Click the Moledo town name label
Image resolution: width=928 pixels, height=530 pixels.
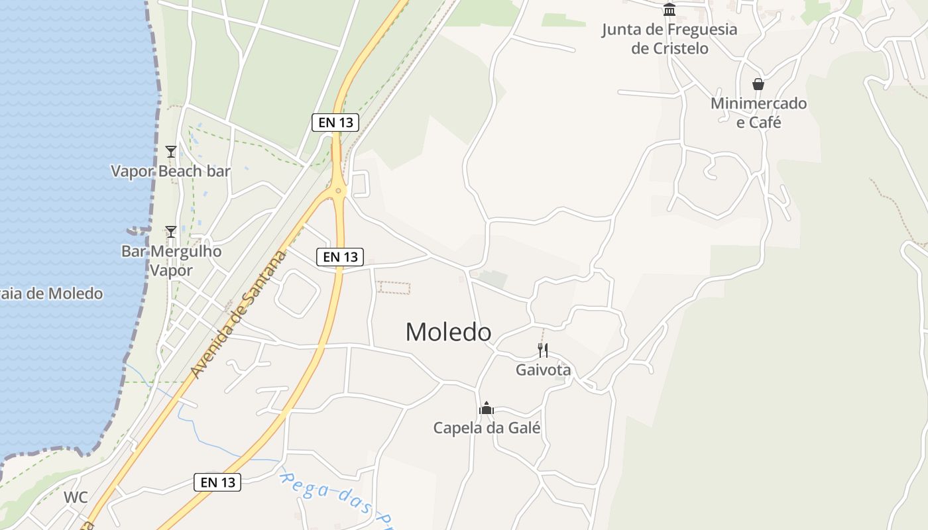448,332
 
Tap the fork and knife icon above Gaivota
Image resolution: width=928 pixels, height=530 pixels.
543,350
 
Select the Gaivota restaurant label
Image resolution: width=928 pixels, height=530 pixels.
543,370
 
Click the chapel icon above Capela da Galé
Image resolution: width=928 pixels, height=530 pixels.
487,408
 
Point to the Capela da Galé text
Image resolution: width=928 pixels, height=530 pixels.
487,428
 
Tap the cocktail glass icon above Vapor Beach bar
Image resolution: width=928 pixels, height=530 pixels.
171,152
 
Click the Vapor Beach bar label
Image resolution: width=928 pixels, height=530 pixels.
170,171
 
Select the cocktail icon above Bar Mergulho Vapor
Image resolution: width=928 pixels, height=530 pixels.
171,232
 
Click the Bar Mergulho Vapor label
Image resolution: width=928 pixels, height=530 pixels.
171,260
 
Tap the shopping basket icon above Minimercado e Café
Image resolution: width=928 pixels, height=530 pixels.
758,84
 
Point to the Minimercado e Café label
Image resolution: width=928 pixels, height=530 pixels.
758,113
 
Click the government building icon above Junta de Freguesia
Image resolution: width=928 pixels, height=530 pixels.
669,10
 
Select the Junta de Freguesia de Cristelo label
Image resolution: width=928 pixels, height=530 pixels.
669,38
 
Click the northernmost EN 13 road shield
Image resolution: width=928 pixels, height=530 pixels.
335,122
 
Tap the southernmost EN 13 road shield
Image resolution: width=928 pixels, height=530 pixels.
217,482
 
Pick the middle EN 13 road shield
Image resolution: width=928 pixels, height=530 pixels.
340,257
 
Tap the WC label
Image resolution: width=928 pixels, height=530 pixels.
76,497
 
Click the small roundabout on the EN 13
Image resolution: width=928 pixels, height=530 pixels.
339,191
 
